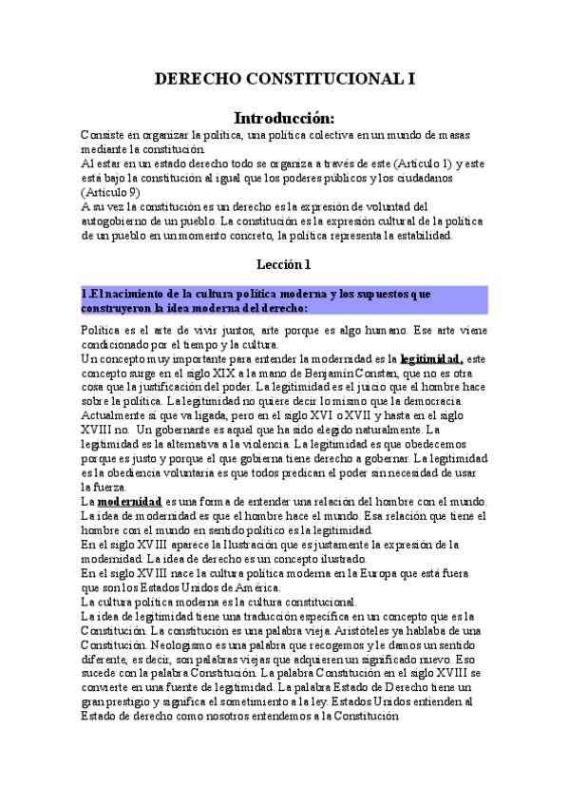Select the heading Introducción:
[x=285, y=119]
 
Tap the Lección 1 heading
[x=284, y=264]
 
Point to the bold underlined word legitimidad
[x=431, y=359]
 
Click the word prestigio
[x=131, y=700]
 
